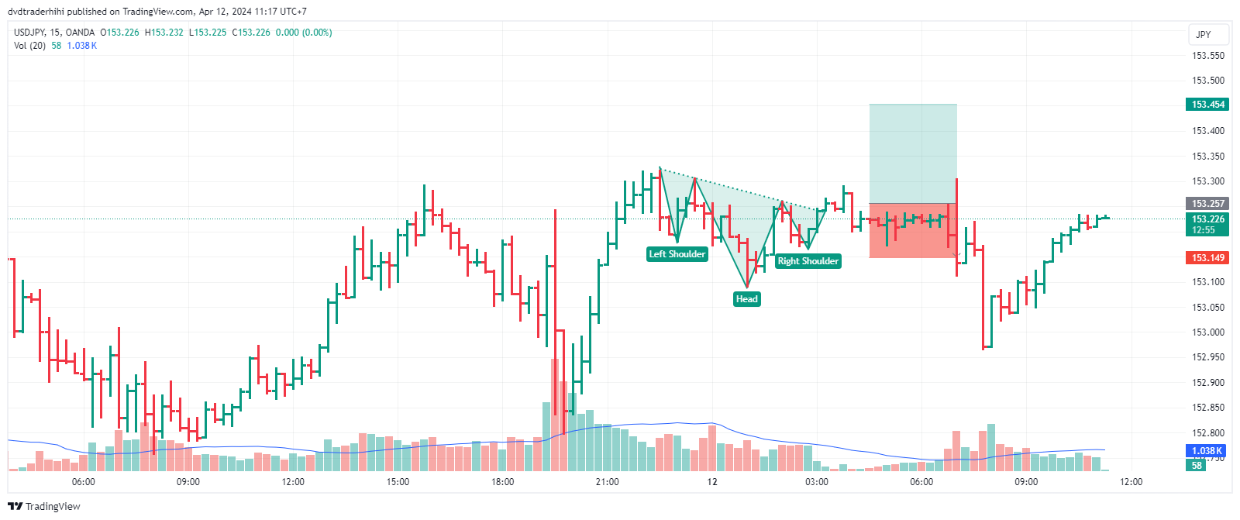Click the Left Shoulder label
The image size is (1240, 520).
677,254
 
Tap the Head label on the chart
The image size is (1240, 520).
746,299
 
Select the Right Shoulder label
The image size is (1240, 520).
808,261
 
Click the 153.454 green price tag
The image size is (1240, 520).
1207,105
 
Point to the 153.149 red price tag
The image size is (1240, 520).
1207,258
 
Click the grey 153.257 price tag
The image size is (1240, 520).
1207,204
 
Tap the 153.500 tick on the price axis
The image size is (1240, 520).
1207,81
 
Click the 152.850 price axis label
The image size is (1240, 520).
1207,408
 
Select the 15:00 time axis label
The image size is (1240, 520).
398,482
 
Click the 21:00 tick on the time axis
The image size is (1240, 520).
607,482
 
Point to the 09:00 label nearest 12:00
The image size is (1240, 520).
1026,482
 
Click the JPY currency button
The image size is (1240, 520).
1203,35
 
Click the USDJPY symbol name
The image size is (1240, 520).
29,33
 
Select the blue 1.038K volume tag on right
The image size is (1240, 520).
1206,451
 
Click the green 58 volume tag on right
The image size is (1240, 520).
1197,466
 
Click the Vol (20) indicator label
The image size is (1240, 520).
29,46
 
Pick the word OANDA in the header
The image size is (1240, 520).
81,33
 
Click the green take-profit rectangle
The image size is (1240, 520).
913,153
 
